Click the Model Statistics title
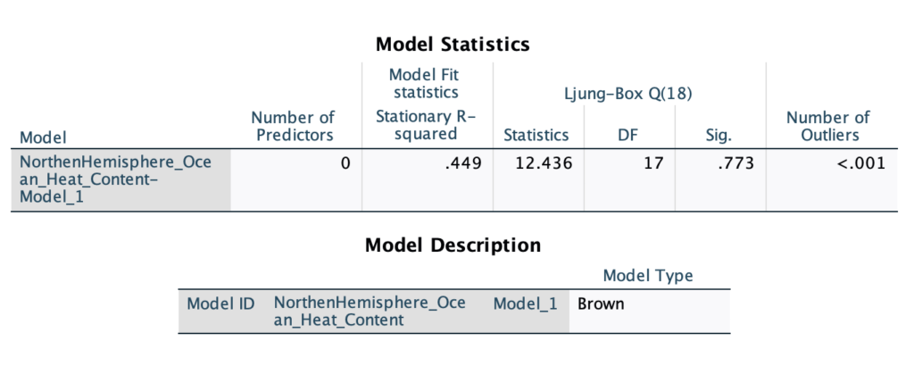click(x=453, y=44)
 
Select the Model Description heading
click(x=453, y=245)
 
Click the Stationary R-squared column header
click(x=426, y=125)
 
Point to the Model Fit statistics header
click(x=424, y=83)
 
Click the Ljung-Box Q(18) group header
click(x=628, y=94)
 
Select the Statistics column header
click(x=536, y=135)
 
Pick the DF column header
click(x=628, y=135)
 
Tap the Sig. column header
click(x=719, y=136)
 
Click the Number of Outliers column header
click(x=827, y=126)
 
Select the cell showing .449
click(x=463, y=163)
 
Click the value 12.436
click(x=544, y=163)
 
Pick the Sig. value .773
click(x=735, y=163)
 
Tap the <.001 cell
click(x=861, y=163)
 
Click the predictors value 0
click(x=345, y=163)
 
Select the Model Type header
click(x=648, y=275)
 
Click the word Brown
click(x=601, y=304)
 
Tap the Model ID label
click(x=220, y=304)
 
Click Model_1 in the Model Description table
click(x=525, y=304)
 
